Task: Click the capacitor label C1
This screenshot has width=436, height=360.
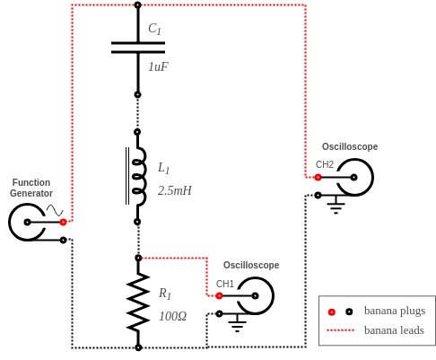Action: pos(154,29)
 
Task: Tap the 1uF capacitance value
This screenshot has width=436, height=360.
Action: pos(158,66)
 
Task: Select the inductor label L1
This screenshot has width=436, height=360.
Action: pos(163,168)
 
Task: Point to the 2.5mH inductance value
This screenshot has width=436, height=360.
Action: pos(175,190)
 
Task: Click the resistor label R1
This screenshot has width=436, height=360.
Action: pos(165,294)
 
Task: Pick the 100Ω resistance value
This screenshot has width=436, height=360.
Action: pos(172,316)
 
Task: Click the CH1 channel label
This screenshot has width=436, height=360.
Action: pos(225,284)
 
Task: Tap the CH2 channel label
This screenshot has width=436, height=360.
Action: pos(325,164)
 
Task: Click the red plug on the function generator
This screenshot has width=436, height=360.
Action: pos(63,222)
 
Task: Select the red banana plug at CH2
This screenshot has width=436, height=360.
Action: pos(318,177)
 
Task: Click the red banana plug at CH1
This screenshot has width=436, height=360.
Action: pos(219,295)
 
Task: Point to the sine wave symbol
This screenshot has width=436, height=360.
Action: pos(55,210)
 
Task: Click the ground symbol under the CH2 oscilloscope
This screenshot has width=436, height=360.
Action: pos(336,205)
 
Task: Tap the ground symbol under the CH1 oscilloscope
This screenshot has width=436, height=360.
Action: pos(237,323)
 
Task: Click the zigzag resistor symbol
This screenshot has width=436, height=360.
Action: pos(138,303)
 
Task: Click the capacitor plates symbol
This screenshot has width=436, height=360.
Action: pos(138,48)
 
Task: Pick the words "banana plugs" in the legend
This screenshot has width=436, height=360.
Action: pos(395,312)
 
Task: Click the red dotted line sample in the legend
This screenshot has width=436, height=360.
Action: pos(340,330)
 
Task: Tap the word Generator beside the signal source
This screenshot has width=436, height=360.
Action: pos(31,193)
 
